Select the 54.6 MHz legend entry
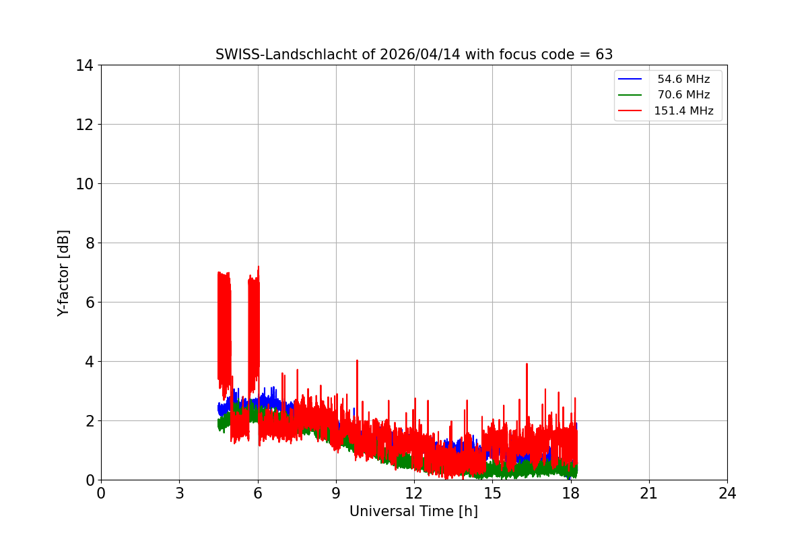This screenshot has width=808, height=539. click(x=683, y=80)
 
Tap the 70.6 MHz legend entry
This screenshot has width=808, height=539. click(x=683, y=95)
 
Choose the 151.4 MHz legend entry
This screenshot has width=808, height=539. click(x=683, y=111)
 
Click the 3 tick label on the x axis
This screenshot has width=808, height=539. click(x=179, y=493)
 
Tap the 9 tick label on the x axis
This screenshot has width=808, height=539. click(x=336, y=493)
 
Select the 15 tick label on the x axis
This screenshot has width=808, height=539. click(x=492, y=493)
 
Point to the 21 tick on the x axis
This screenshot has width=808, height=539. click(x=649, y=493)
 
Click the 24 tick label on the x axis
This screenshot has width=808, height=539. click(x=727, y=493)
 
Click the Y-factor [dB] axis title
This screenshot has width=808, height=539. click(x=63, y=273)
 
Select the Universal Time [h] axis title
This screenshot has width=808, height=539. click(x=413, y=511)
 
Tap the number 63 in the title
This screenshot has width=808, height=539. click(x=604, y=55)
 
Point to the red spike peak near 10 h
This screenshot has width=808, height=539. click(x=357, y=360)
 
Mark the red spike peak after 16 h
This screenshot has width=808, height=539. click(x=527, y=364)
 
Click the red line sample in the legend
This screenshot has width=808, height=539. click(x=632, y=111)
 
